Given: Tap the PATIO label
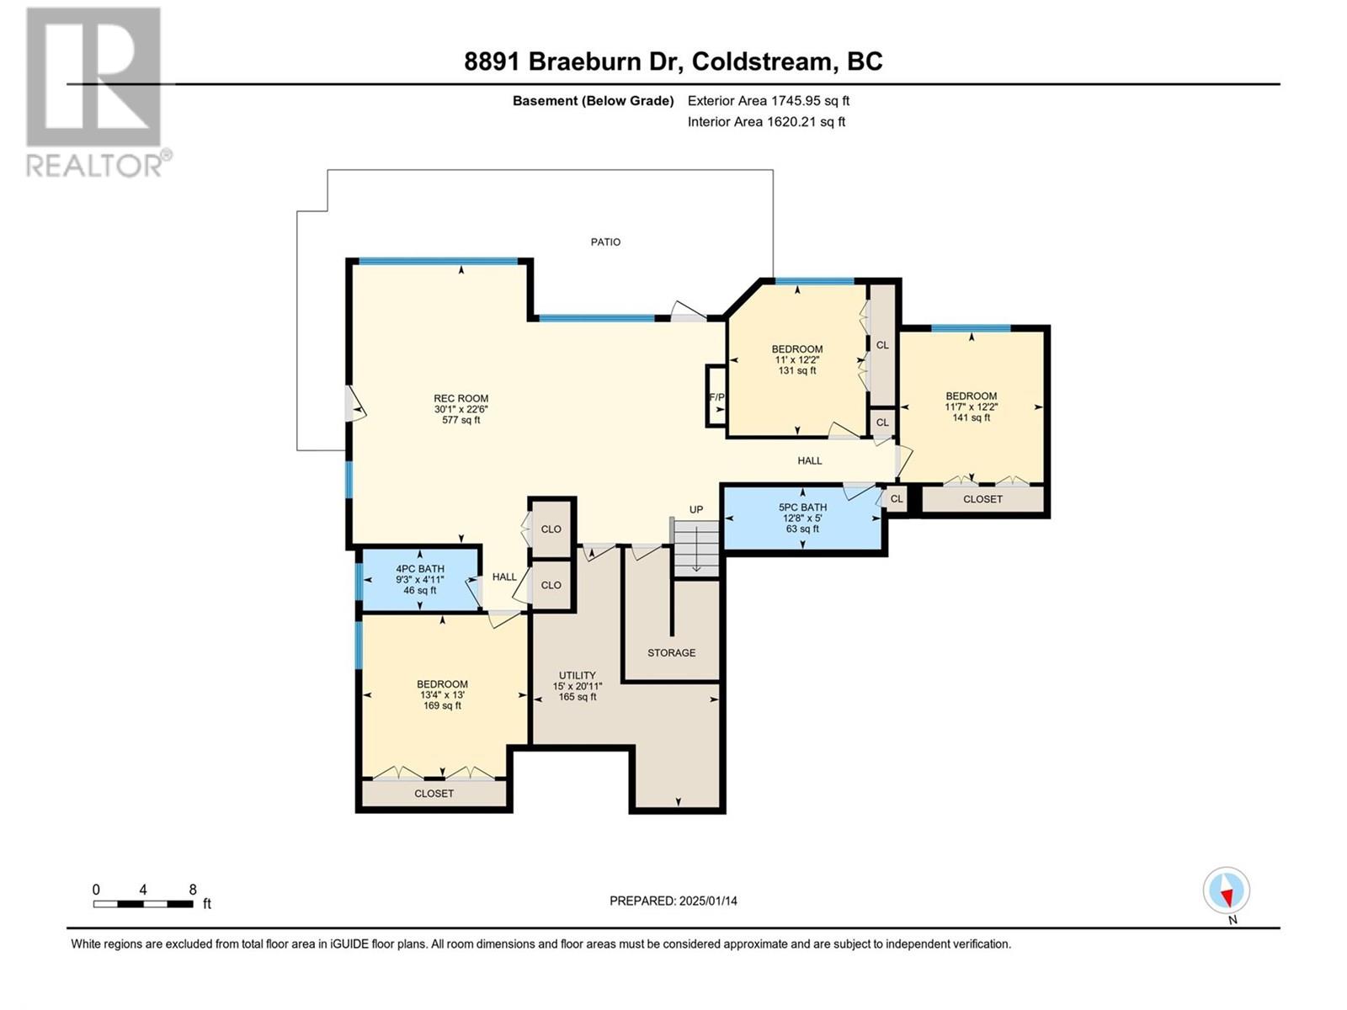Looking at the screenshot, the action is (x=605, y=242).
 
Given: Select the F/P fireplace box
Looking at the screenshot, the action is (x=716, y=396).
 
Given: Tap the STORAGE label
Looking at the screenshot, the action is (x=671, y=652).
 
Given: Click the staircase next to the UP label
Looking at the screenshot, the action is (x=696, y=548).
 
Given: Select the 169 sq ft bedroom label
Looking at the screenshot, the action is (x=442, y=694).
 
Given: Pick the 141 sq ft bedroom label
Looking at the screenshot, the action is (x=971, y=407).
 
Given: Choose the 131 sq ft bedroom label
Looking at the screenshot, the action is (x=797, y=360).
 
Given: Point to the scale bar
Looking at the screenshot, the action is (x=143, y=904).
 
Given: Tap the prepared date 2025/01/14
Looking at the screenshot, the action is (x=707, y=901).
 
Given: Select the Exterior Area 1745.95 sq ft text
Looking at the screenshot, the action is (x=769, y=101).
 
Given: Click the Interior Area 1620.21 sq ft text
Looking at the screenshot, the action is (x=766, y=122).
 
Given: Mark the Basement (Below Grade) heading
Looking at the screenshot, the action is (x=593, y=101).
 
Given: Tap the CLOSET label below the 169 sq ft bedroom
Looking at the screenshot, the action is (x=434, y=794).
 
